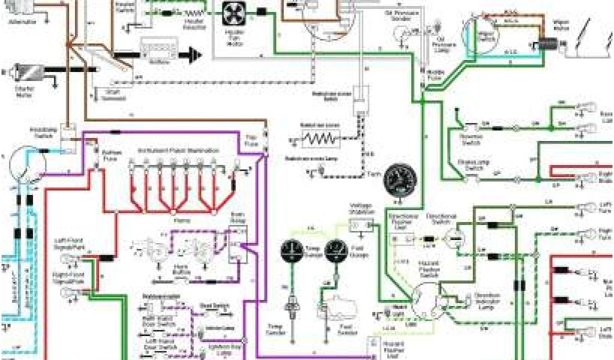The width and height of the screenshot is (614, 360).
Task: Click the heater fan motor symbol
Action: tap(232, 14)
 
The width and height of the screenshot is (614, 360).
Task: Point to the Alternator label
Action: tap(23, 22)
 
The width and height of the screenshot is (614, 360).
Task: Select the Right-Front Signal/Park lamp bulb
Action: tap(69, 292)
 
